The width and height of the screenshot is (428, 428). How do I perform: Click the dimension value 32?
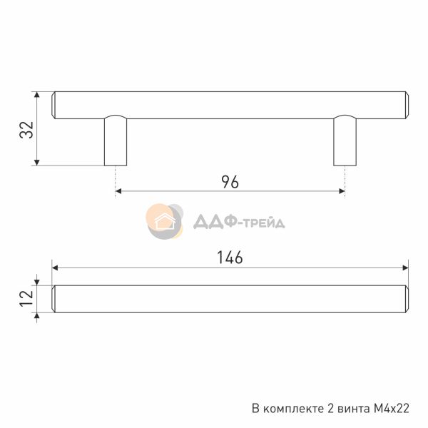point(27,129)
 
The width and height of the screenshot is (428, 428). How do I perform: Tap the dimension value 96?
point(230,182)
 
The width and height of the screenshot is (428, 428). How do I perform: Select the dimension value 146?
point(230,258)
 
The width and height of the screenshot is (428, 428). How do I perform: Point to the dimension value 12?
point(27,298)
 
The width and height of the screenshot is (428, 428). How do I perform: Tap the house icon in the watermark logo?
point(165,221)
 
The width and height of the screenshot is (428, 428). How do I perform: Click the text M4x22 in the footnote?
point(389,408)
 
